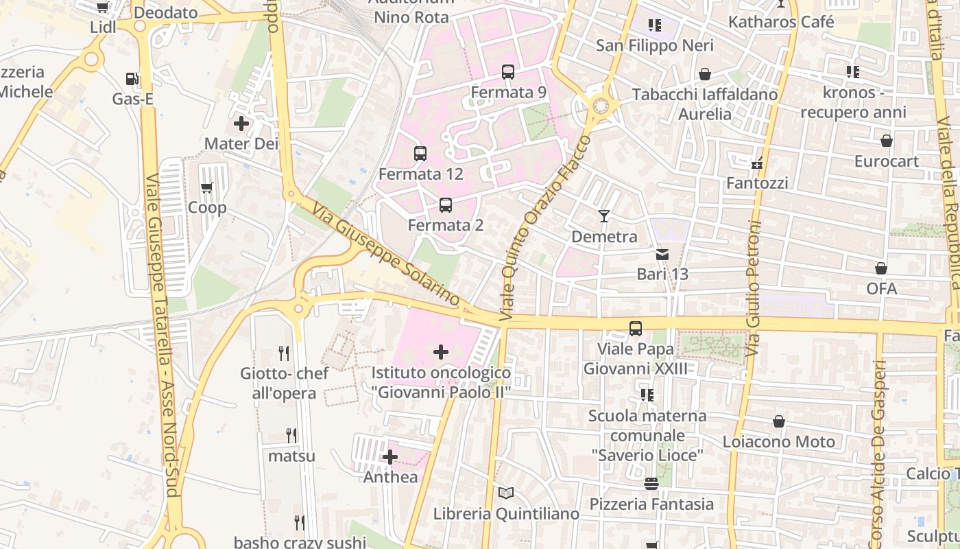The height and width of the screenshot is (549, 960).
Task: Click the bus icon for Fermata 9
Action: (508, 71)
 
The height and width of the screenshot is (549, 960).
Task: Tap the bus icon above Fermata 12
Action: (420, 154)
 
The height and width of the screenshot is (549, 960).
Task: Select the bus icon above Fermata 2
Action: (446, 205)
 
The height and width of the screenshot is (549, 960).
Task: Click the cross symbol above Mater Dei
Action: (241, 124)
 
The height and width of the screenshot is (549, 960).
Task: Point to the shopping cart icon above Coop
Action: (207, 187)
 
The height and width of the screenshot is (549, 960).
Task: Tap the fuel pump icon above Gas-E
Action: (132, 79)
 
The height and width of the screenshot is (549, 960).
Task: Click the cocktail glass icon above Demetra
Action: (604, 216)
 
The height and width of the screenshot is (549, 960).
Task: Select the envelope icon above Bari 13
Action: (662, 254)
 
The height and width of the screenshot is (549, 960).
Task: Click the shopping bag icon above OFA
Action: (881, 268)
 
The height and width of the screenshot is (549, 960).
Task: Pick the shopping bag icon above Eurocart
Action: (887, 141)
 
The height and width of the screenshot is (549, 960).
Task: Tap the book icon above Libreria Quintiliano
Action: (506, 493)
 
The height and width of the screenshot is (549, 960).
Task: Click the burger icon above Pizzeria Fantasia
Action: (651, 484)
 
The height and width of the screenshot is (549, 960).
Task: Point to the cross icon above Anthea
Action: (390, 456)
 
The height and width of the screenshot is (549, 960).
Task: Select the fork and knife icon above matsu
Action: (292, 435)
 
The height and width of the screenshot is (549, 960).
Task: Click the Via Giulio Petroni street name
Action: (754, 288)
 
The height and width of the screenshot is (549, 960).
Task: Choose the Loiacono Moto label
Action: (779, 441)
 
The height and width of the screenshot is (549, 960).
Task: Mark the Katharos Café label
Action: (781, 22)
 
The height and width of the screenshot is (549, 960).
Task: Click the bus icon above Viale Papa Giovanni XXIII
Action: (636, 329)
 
